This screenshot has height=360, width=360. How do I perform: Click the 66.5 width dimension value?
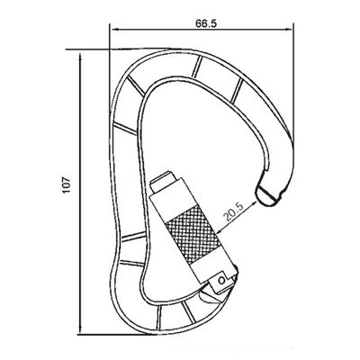tap(206, 23)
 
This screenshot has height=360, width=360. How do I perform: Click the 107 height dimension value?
tap(67, 185)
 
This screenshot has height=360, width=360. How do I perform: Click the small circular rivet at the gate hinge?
tap(221, 280)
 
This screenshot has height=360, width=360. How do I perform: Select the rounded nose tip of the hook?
tap(267, 196)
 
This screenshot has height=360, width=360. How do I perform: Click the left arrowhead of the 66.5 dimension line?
tap(113, 30)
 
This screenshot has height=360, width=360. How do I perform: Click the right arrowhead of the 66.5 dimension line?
tap(288, 30)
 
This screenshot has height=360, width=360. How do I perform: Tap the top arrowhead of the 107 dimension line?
tap(80, 56)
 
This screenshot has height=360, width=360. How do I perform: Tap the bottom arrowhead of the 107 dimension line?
tap(80, 329)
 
